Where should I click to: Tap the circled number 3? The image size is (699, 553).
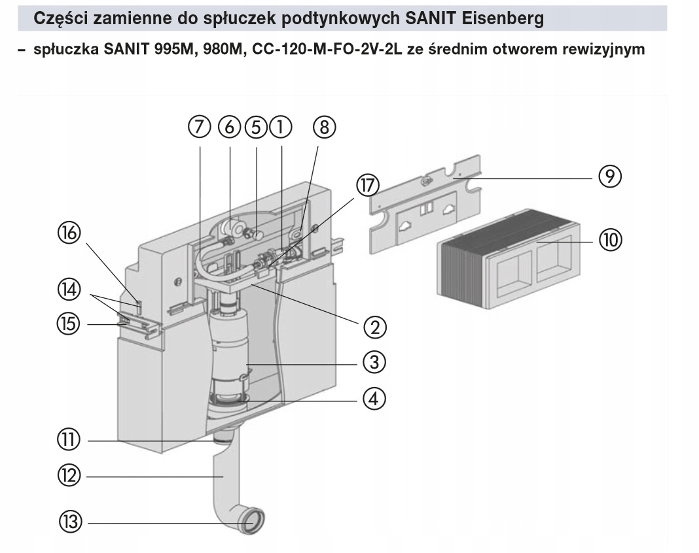[374, 361]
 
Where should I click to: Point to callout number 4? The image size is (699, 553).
[374, 397]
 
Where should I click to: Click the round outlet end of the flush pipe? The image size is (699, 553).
[253, 522]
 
